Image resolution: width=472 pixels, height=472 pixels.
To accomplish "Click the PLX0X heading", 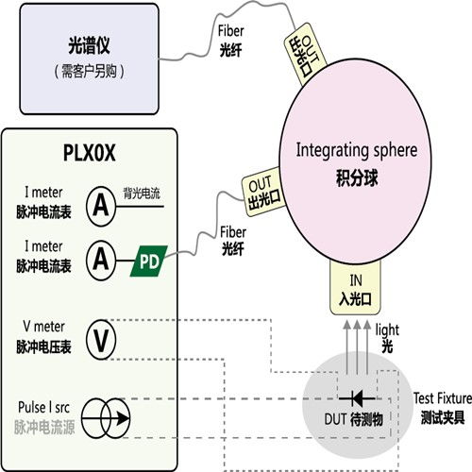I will click(91, 154).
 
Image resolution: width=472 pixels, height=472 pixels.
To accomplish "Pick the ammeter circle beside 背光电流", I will click(101, 202).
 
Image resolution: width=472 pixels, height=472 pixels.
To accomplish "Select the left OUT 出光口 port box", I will click(260, 185).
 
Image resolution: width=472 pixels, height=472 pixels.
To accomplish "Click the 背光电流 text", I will click(144, 190).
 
